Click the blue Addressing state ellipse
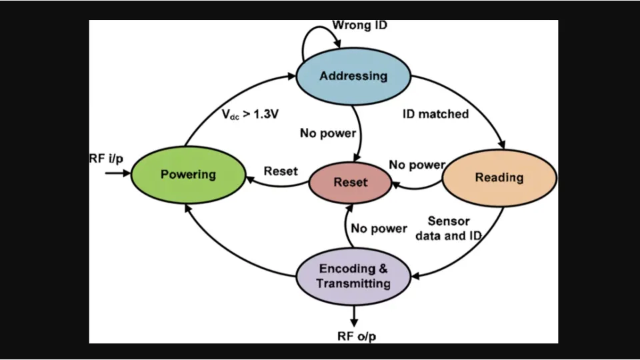click(x=353, y=75)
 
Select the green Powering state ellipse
click(x=188, y=175)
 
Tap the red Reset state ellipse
click(x=351, y=182)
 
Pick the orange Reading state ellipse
click(x=499, y=177)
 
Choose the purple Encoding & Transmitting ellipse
click(x=353, y=276)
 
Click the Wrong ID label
click(x=360, y=25)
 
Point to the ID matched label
click(x=435, y=114)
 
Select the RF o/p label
click(x=356, y=336)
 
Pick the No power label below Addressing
click(x=327, y=133)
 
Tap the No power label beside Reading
click(x=417, y=165)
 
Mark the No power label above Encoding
click(x=379, y=229)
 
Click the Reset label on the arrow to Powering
click(x=281, y=171)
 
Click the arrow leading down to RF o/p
click(x=354, y=315)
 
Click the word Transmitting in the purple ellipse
click(x=353, y=284)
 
